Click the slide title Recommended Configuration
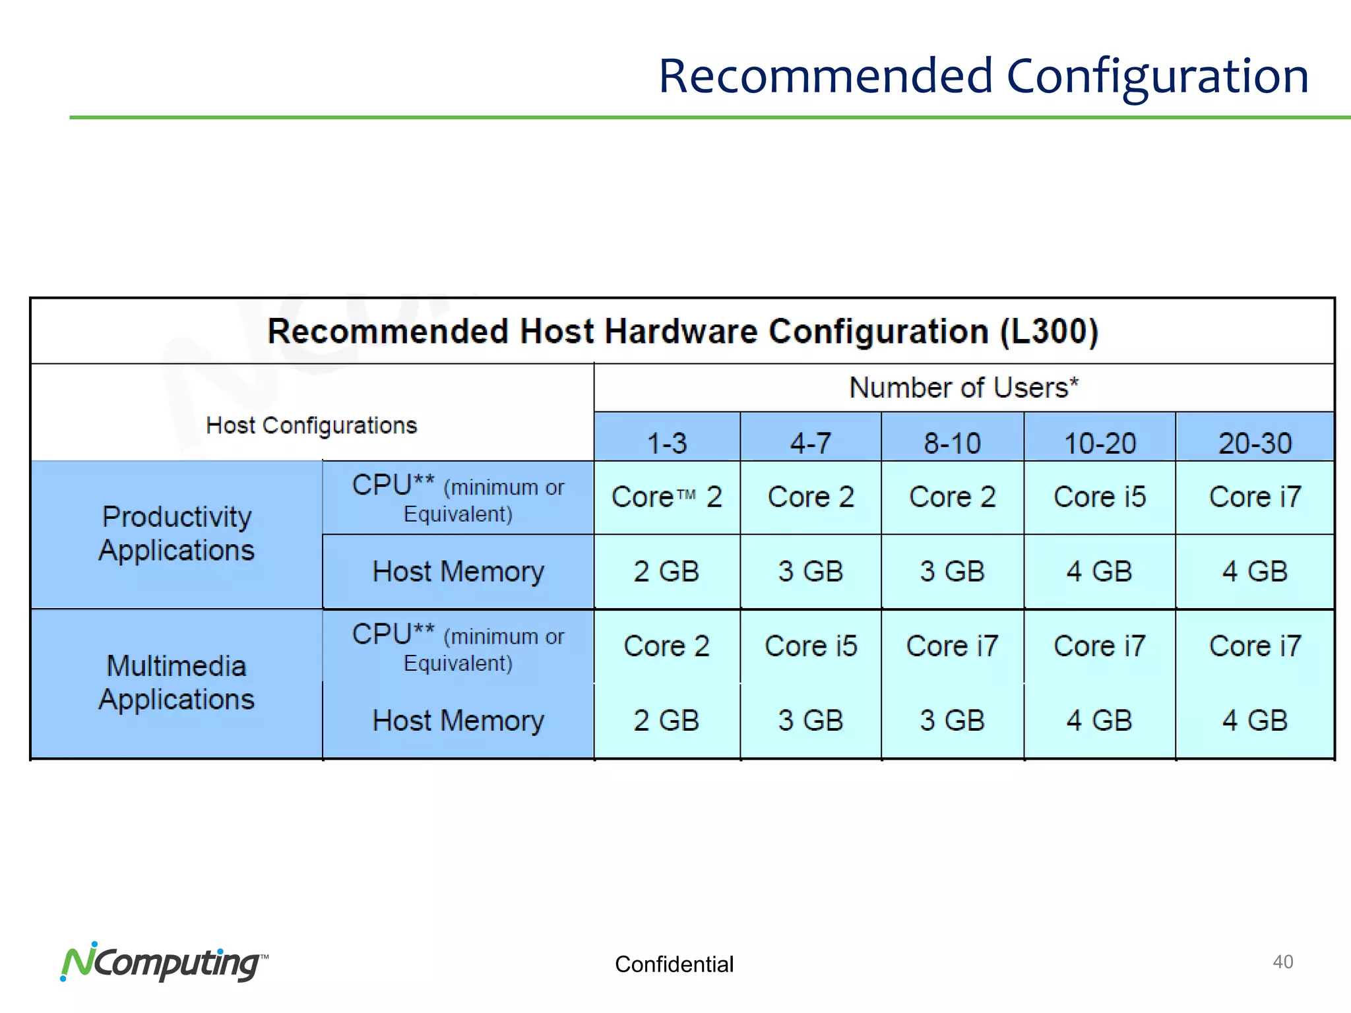point(983,77)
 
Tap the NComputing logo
point(164,963)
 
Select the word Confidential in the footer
point(674,964)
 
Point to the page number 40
point(1282,962)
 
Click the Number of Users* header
point(963,388)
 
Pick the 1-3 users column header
point(666,443)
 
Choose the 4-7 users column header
point(810,443)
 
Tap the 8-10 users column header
point(952,443)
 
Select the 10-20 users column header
point(1100,443)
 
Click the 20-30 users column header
point(1255,443)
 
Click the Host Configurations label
point(311,425)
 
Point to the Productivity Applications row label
point(177,534)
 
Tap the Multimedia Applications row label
point(177,683)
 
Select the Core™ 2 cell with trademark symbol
point(666,497)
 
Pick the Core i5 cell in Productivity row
point(1100,497)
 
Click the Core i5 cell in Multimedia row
point(810,646)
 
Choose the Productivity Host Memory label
point(458,572)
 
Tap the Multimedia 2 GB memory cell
point(666,721)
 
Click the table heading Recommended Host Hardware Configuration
point(682,331)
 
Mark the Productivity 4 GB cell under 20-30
point(1255,572)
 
